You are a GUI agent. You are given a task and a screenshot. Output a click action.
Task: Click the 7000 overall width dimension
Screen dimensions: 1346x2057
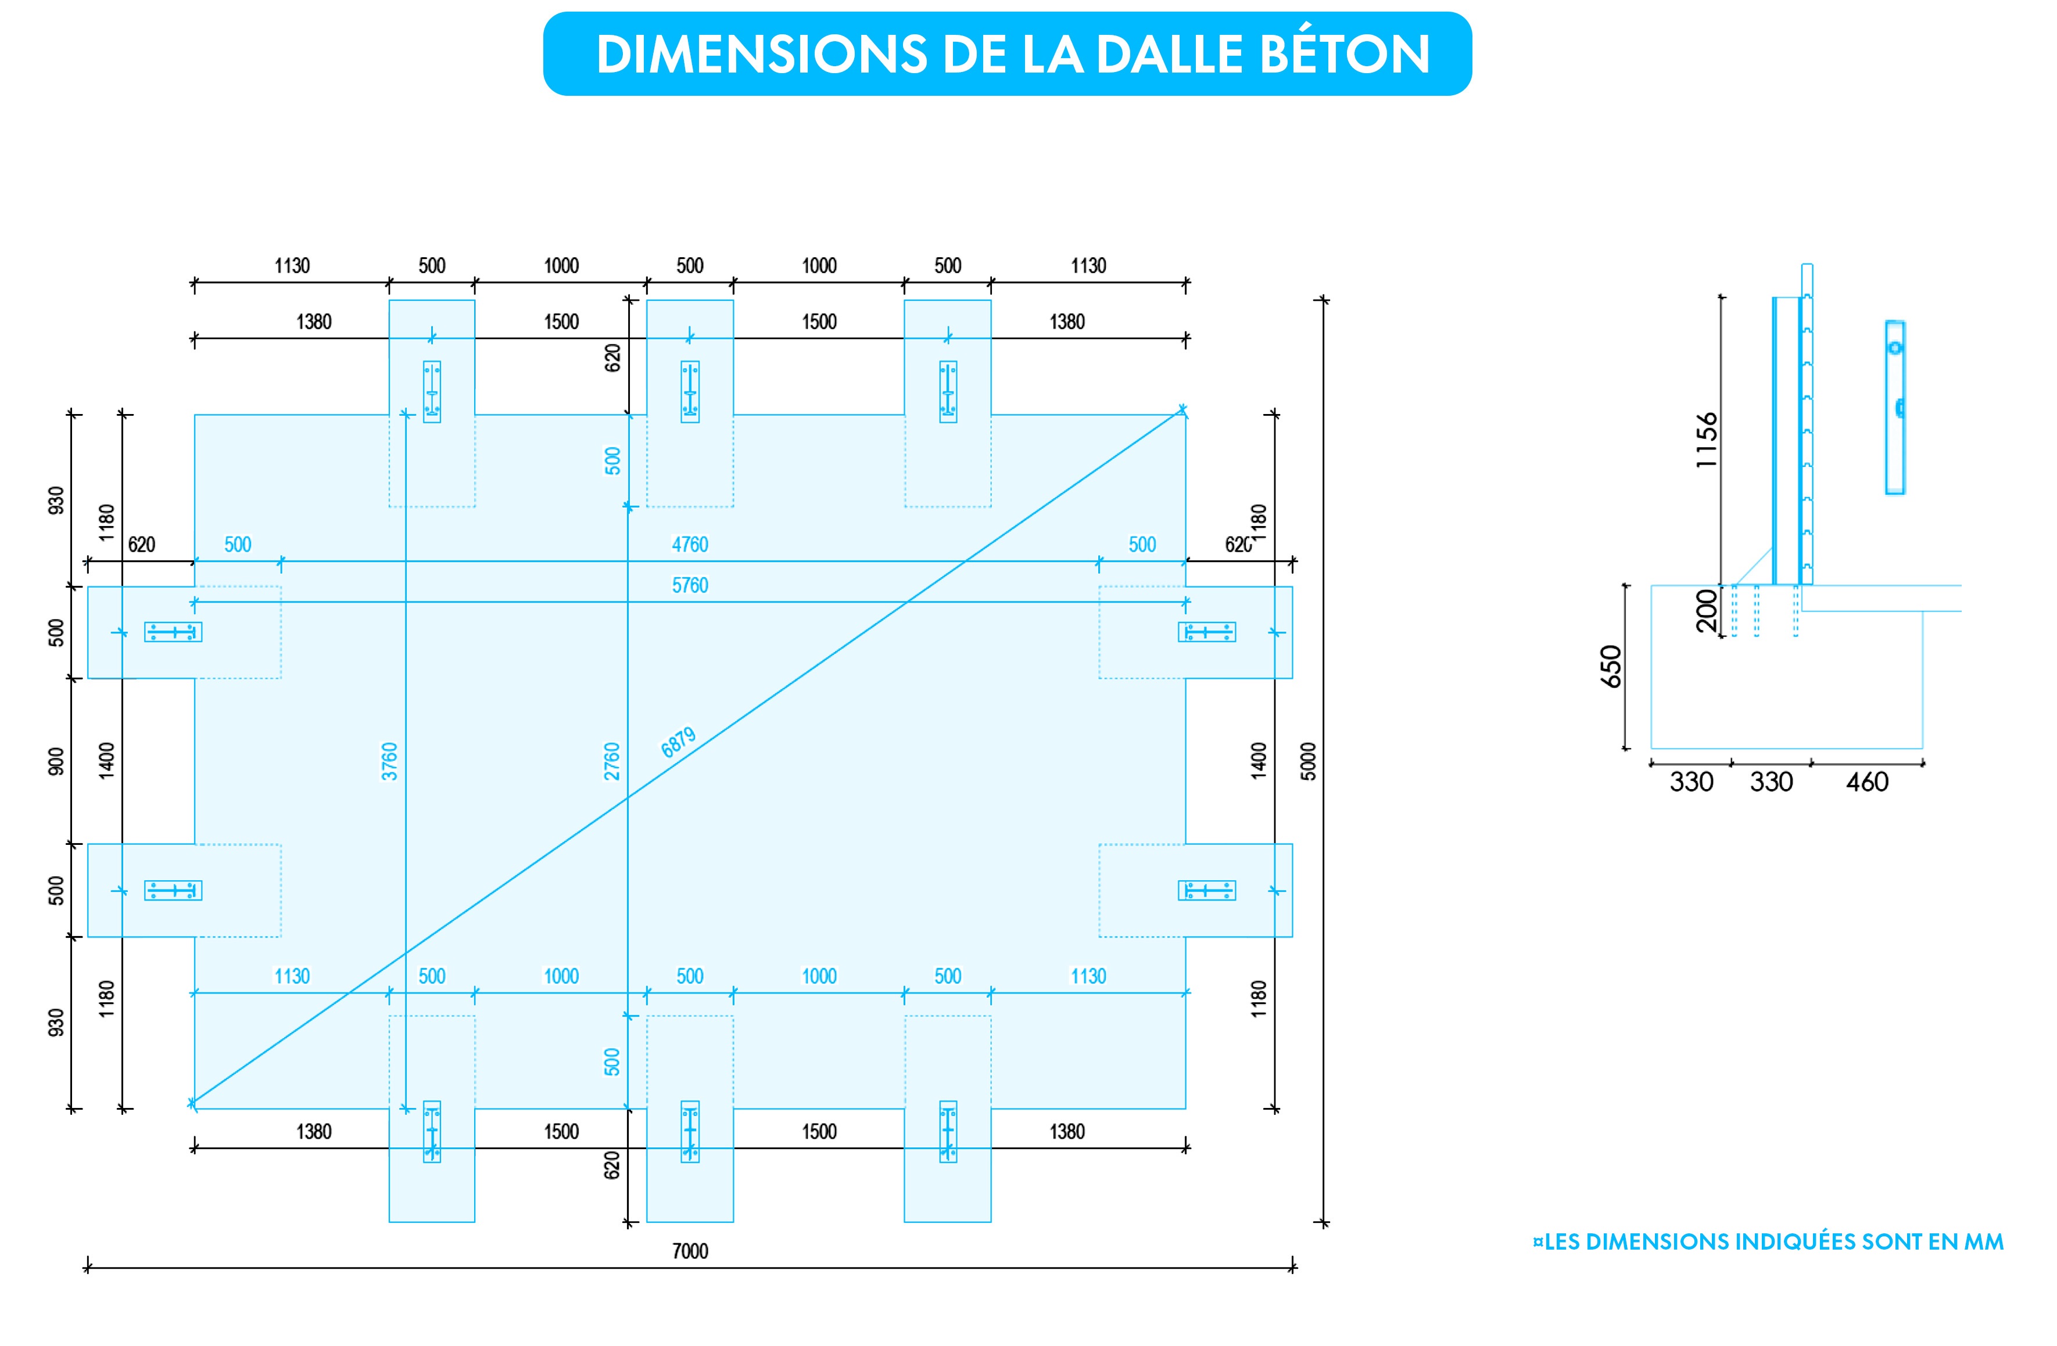pos(690,1250)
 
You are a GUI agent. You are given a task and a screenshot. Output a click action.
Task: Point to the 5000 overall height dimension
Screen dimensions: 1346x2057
pos(1309,761)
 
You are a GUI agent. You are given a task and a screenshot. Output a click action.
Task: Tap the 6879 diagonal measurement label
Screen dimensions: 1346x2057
pos(679,742)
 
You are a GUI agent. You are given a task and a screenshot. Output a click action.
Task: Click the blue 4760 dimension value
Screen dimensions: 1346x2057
pos(690,544)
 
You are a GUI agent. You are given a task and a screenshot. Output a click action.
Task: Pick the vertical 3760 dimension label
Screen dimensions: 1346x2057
pos(390,761)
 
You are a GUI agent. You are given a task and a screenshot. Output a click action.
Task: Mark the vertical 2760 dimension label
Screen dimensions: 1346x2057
pos(612,761)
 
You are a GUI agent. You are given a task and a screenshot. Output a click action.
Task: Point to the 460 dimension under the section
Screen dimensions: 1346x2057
pos(1867,782)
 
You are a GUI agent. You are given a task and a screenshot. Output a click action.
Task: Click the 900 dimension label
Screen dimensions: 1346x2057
pos(56,761)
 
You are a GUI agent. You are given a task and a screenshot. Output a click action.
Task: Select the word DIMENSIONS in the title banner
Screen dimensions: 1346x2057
pos(761,55)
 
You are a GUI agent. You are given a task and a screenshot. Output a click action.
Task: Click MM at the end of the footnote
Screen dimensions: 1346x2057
pos(1984,1241)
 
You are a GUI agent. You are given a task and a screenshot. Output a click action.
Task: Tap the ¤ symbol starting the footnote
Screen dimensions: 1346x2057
pos(1538,1241)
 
